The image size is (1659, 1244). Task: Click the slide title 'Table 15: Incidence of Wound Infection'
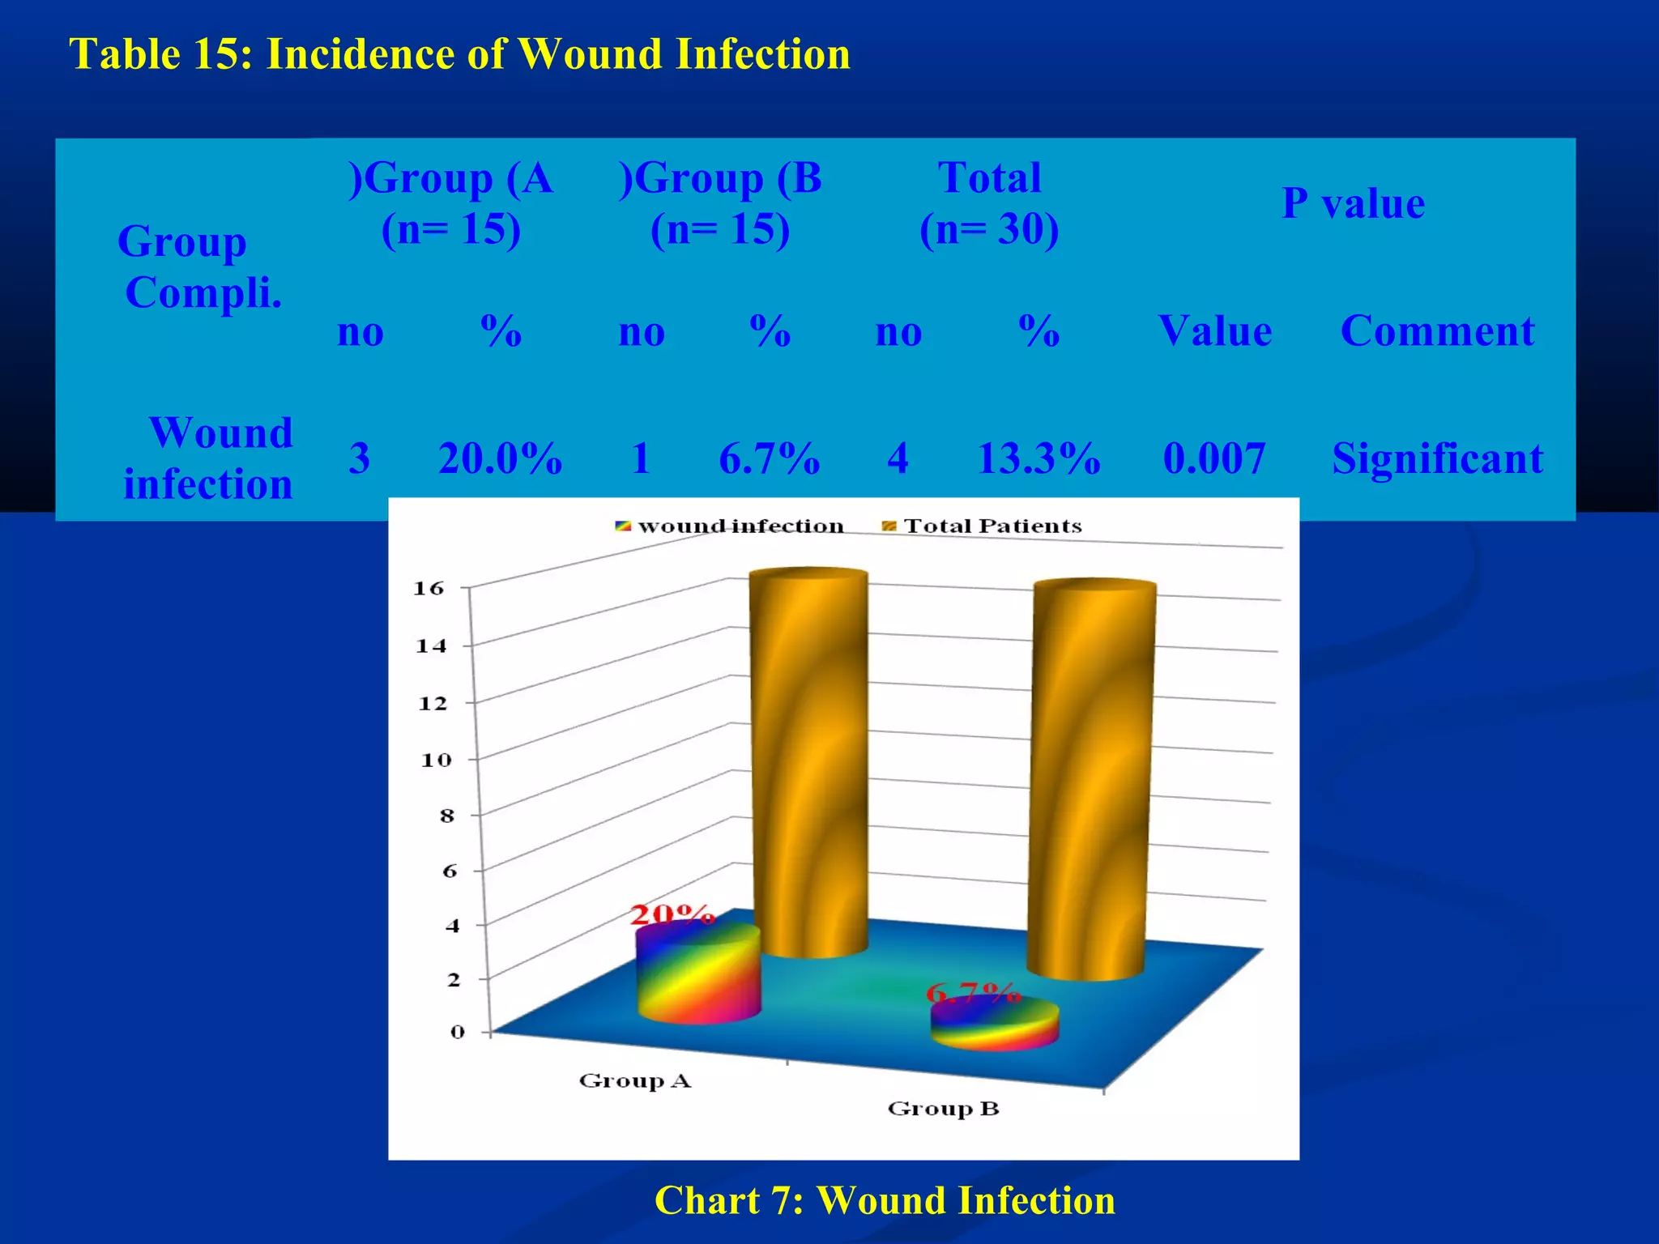coord(460,55)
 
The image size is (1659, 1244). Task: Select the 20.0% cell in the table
coord(500,458)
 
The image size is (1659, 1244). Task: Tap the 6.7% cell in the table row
coord(769,458)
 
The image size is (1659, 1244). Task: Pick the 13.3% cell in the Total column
coord(1038,458)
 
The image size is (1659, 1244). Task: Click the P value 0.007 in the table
coord(1213,458)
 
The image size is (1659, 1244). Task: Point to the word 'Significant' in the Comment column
coord(1437,458)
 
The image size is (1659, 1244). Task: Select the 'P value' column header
coord(1352,202)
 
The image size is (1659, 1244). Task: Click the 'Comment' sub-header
coord(1437,330)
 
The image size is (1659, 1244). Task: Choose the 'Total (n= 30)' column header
coord(989,202)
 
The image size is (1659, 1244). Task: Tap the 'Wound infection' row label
coord(209,458)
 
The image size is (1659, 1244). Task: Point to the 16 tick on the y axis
coord(429,588)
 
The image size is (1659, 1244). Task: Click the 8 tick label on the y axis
coord(447,816)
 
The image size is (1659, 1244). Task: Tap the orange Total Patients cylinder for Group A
coord(809,761)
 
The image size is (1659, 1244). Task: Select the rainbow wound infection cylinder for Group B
coord(995,1024)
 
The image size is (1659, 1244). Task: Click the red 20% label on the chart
coord(672,915)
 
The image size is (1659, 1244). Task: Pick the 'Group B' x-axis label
coord(943,1109)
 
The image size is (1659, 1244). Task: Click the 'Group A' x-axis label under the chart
coord(635,1081)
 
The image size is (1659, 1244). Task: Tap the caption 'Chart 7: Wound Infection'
coord(885,1200)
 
